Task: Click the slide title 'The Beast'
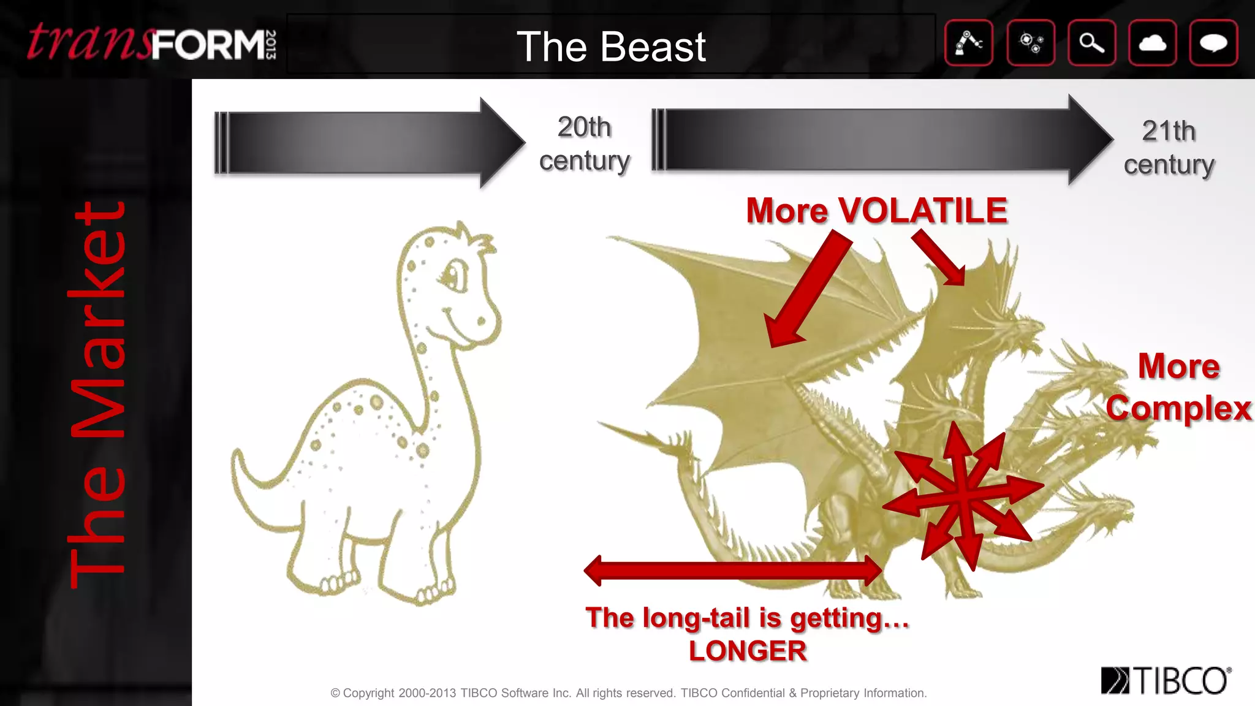tap(611, 47)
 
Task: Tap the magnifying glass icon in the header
tap(1091, 43)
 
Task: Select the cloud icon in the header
tap(1152, 43)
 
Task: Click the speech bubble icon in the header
tap(1213, 43)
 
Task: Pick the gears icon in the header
tap(1031, 43)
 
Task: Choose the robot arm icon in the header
tap(969, 43)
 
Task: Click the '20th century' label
tap(585, 144)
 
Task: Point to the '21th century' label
tap(1169, 148)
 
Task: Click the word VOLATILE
tap(922, 211)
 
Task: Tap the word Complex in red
tap(1178, 408)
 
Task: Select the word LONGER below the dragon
tap(748, 651)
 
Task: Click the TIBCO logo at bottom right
tap(1166, 680)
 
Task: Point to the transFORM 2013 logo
tap(151, 43)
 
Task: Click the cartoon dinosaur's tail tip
tap(237, 457)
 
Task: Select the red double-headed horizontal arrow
tap(733, 571)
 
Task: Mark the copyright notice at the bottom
tap(628, 693)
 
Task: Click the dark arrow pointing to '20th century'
tap(368, 143)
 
